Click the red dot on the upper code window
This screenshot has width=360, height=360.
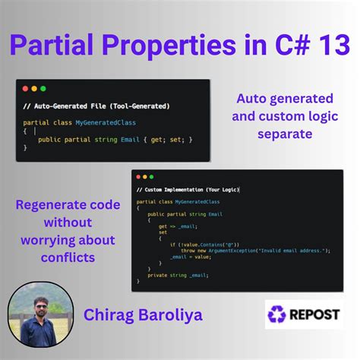pyautogui.click(x=24, y=89)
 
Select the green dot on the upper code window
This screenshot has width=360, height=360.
pyautogui.click(x=43, y=89)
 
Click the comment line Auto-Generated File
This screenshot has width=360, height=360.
pyautogui.click(x=96, y=106)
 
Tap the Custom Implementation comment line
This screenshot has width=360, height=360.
pyautogui.click(x=187, y=189)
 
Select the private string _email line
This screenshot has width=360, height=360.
pyautogui.click(x=167, y=275)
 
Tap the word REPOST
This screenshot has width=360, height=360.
pyautogui.click(x=316, y=314)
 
